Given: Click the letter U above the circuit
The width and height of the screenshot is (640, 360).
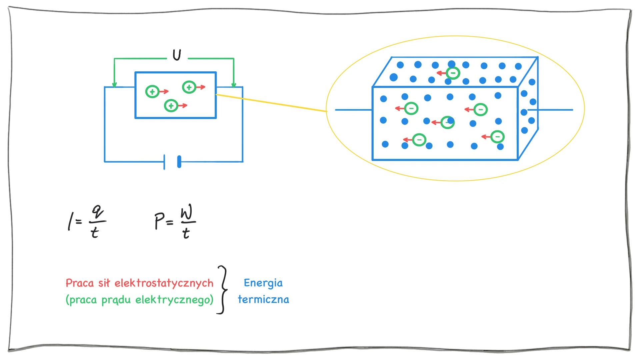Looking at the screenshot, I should tap(177, 55).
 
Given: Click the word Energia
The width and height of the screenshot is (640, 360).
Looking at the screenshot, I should tap(263, 283).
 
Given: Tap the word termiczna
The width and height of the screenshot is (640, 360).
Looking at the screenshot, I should tap(263, 299).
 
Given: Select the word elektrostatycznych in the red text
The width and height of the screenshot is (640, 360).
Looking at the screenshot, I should tap(164, 283).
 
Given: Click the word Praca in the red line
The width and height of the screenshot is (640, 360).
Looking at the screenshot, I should tap(80, 283).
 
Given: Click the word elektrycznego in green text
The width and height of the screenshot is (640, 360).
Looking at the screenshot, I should tap(174, 300).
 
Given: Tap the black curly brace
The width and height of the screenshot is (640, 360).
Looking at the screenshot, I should tap(223, 290).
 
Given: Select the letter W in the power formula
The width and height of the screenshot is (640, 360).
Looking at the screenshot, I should tap(187, 213).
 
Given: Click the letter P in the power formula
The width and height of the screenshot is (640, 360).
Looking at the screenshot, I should tap(159, 221).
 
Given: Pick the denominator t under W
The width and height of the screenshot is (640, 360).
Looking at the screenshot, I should tap(186, 233).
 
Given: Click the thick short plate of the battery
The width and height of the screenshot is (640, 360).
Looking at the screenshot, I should tap(179, 162).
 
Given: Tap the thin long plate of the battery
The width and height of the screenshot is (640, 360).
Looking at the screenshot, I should tap(164, 162).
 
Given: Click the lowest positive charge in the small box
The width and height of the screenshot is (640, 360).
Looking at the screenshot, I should tap(171, 106).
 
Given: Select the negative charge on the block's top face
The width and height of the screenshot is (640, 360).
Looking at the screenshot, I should tap(453, 73).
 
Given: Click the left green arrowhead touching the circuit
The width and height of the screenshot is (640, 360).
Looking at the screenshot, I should tap(114, 85).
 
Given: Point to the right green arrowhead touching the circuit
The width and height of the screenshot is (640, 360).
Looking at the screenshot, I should tap(234, 85).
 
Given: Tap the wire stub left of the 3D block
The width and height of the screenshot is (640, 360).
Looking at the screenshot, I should tap(353, 110).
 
